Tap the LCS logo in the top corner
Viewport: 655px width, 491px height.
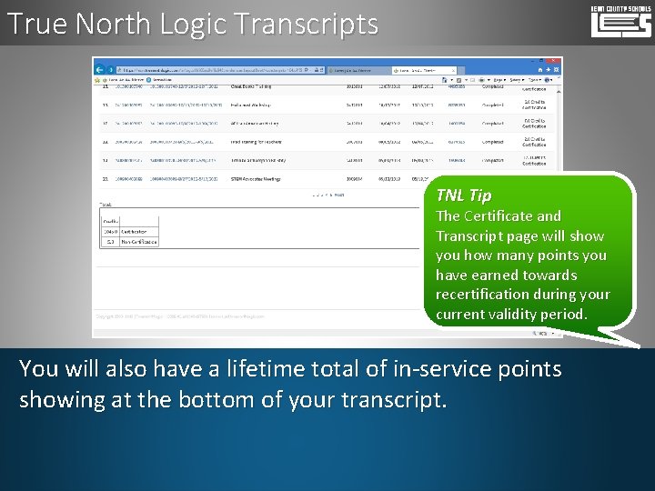[620, 21]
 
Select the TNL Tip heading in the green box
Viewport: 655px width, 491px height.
[463, 195]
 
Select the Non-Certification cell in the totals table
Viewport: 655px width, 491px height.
[139, 242]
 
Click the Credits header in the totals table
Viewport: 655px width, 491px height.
[111, 220]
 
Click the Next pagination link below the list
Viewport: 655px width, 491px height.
[338, 195]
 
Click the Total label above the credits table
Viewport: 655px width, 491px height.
[106, 205]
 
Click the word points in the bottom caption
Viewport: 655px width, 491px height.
[520, 369]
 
